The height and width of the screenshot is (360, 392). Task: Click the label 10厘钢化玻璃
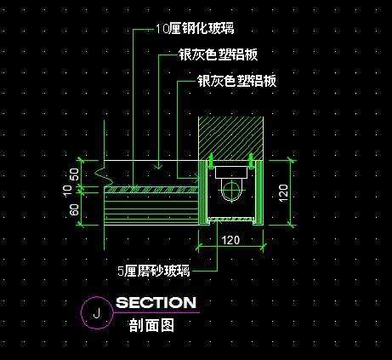click(195, 28)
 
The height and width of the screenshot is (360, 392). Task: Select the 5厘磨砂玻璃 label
click(154, 271)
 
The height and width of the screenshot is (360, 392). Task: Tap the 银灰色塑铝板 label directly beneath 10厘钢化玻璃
click(218, 54)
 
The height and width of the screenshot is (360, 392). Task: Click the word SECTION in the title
click(156, 302)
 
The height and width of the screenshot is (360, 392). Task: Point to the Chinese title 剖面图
click(151, 325)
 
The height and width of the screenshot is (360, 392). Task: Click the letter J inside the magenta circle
click(97, 313)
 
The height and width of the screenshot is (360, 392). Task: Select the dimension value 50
click(74, 175)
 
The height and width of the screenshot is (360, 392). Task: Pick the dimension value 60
click(74, 210)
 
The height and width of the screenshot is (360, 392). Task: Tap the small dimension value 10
click(68, 191)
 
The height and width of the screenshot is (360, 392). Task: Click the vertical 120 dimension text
click(283, 193)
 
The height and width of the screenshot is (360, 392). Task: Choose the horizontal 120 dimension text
click(230, 240)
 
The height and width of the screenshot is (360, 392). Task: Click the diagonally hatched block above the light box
click(230, 138)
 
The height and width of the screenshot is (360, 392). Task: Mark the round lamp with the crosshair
click(232, 189)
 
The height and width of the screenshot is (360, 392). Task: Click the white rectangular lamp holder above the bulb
click(230, 173)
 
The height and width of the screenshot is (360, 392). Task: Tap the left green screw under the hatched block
click(210, 161)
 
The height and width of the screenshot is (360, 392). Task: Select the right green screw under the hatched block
click(251, 161)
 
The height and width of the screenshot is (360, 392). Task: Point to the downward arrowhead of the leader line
click(158, 166)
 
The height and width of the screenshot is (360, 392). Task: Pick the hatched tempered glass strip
click(151, 190)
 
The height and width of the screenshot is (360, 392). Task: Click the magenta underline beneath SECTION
click(157, 312)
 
